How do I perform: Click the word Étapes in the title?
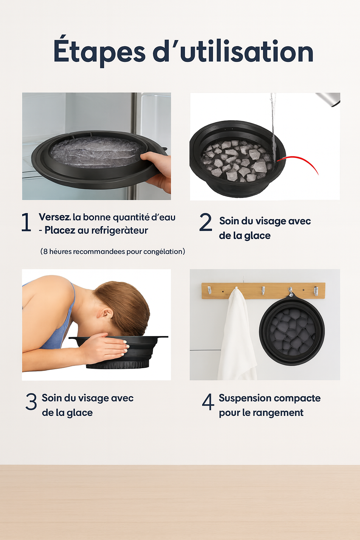click(99, 51)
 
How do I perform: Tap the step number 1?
click(26, 222)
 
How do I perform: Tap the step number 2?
click(206, 222)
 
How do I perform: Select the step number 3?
click(31, 401)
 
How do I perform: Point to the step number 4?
click(208, 401)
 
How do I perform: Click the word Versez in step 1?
click(54, 217)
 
